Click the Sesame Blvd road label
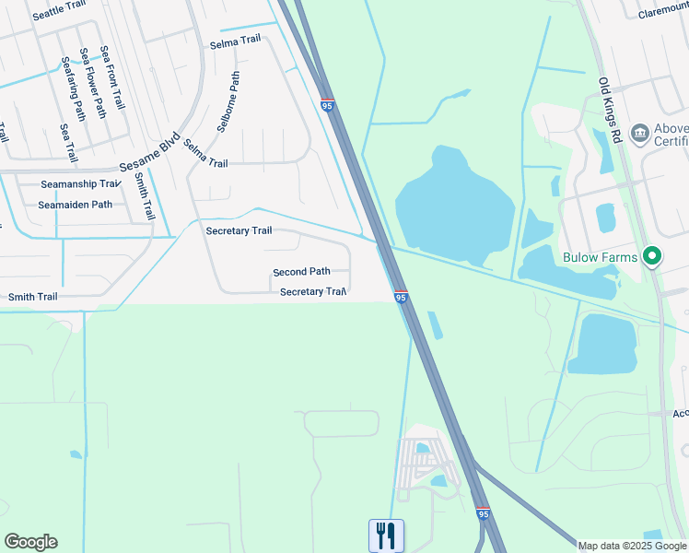pyautogui.click(x=149, y=157)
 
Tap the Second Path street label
pyautogui.click(x=301, y=272)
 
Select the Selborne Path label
pyautogui.click(x=228, y=102)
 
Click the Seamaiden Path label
pyautogui.click(x=76, y=205)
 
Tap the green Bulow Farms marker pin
pyautogui.click(x=653, y=255)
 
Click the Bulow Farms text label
pyautogui.click(x=599, y=255)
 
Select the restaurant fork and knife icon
pyautogui.click(x=387, y=535)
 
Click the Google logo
pyautogui.click(x=30, y=542)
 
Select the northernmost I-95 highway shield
pyautogui.click(x=328, y=106)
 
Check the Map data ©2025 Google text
pyautogui.click(x=632, y=546)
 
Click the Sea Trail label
pyautogui.click(x=66, y=143)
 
